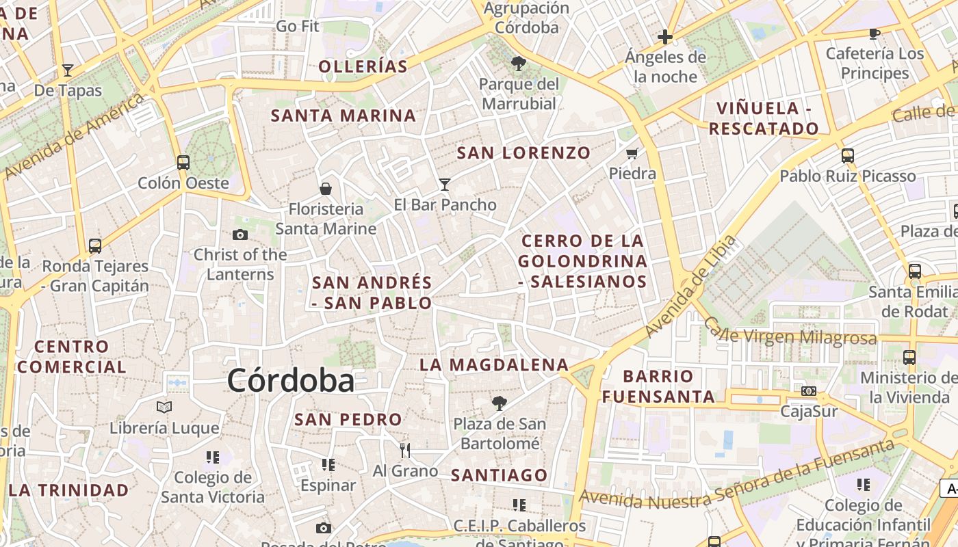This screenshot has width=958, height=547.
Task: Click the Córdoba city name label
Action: pyautogui.click(x=291, y=381)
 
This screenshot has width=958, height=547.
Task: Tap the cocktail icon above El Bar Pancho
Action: pyautogui.click(x=445, y=184)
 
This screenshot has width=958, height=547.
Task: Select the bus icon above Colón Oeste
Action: pyautogui.click(x=183, y=163)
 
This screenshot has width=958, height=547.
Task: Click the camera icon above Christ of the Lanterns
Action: pyautogui.click(x=239, y=235)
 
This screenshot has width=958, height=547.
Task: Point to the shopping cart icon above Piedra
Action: pyautogui.click(x=632, y=153)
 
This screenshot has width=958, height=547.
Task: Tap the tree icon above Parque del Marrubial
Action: pyautogui.click(x=519, y=64)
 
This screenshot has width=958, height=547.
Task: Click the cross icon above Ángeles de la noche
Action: pyautogui.click(x=665, y=37)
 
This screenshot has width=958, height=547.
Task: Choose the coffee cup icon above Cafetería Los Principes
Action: pyautogui.click(x=874, y=33)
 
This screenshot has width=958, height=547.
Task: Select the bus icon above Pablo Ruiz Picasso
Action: pyautogui.click(x=847, y=156)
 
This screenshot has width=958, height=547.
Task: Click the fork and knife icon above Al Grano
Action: pyautogui.click(x=405, y=450)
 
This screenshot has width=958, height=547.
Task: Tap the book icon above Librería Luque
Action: pyautogui.click(x=164, y=408)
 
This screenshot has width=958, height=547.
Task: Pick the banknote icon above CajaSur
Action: pyautogui.click(x=809, y=391)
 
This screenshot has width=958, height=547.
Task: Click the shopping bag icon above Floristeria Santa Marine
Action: pyautogui.click(x=326, y=188)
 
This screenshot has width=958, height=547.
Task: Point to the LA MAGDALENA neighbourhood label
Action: pyautogui.click(x=494, y=365)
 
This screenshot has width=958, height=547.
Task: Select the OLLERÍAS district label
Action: pyautogui.click(x=363, y=66)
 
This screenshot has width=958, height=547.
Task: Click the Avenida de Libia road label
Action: pyautogui.click(x=691, y=286)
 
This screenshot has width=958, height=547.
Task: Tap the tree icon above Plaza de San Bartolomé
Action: pyautogui.click(x=500, y=403)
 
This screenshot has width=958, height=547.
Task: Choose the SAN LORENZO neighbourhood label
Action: pyautogui.click(x=523, y=153)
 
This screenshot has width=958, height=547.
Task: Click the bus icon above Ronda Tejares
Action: pyautogui.click(x=95, y=245)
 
